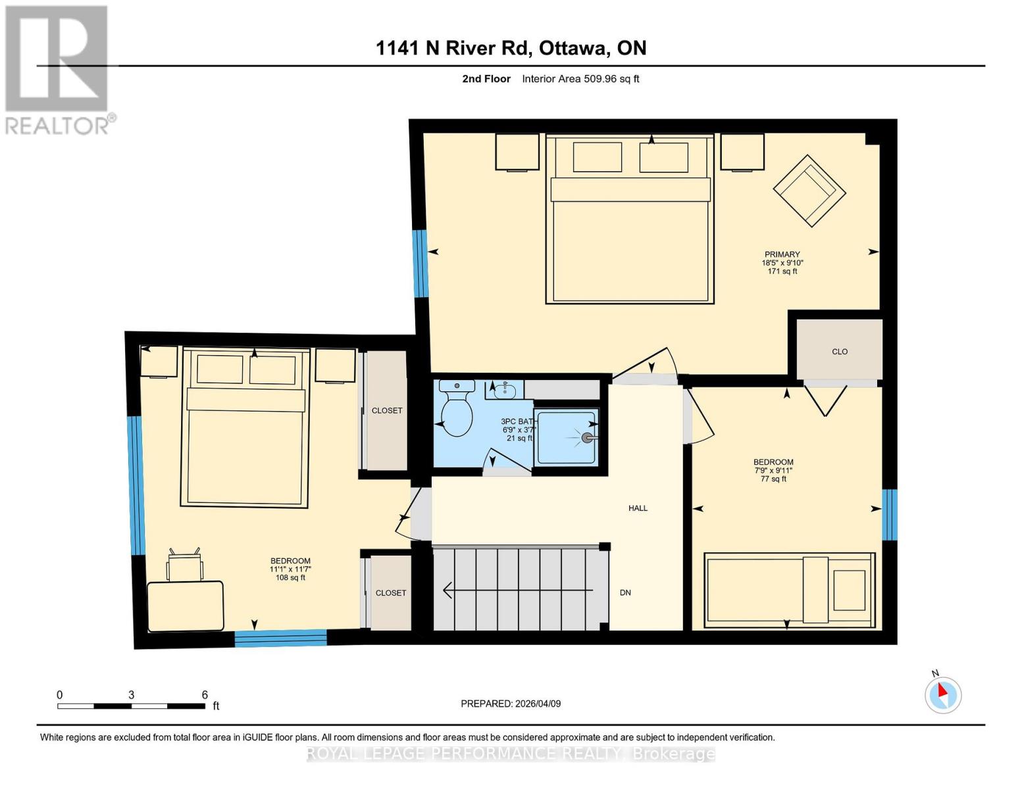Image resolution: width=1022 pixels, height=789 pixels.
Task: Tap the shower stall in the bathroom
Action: pyautogui.click(x=566, y=436)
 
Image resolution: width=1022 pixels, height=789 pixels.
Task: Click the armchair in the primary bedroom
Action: pyautogui.click(x=809, y=191)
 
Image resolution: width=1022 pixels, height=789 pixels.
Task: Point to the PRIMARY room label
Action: pyautogui.click(x=782, y=254)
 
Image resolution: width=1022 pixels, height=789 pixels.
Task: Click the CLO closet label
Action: pyautogui.click(x=839, y=352)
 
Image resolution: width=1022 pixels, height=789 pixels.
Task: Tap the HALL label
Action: pyautogui.click(x=638, y=508)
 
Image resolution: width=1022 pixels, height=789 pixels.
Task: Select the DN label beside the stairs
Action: pyautogui.click(x=625, y=592)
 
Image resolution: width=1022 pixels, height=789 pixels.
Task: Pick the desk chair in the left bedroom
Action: pyautogui.click(x=185, y=565)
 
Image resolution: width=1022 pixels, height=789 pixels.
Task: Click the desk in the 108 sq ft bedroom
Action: pyautogui.click(x=185, y=606)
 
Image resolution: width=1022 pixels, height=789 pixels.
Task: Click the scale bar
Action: pyautogui.click(x=131, y=706)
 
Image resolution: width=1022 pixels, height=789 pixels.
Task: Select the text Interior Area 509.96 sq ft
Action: pyautogui.click(x=580, y=79)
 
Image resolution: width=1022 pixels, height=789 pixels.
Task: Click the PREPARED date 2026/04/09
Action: pyautogui.click(x=511, y=704)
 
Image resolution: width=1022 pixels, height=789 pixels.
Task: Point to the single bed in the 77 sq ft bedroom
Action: pyautogui.click(x=789, y=590)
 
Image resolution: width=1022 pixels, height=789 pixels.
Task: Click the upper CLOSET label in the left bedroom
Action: pyautogui.click(x=387, y=410)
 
